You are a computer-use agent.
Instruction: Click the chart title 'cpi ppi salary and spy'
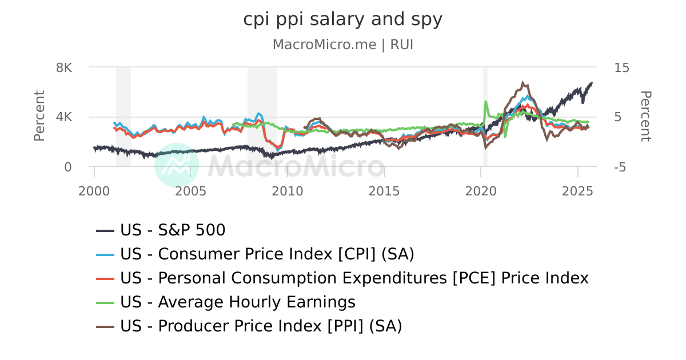click(x=342, y=19)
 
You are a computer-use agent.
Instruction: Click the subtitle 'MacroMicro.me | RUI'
click(x=342, y=45)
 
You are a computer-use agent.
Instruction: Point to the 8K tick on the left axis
click(x=64, y=67)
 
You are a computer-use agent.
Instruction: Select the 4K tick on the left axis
click(x=64, y=117)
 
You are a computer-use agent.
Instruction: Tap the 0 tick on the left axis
click(x=68, y=167)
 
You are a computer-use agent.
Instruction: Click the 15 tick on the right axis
click(x=621, y=67)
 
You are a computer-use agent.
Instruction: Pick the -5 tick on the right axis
click(x=621, y=167)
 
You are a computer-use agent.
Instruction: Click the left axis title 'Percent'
click(x=39, y=116)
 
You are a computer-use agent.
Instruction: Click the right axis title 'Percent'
click(x=645, y=116)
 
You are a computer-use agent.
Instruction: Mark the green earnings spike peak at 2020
click(x=485, y=102)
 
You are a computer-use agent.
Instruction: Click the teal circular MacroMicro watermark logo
click(x=177, y=165)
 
